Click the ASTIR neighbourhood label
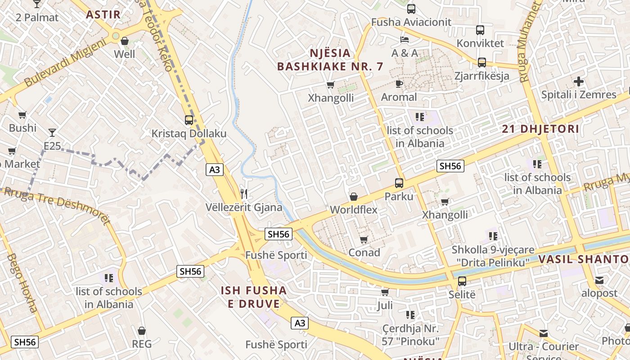103,14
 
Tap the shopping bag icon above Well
125,41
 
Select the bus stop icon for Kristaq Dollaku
189,120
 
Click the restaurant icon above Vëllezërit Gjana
244,194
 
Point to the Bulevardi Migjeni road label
65,63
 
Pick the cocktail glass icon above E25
52,132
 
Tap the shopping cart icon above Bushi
22,115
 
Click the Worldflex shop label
354,210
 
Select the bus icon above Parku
399,183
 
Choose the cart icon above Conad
364,239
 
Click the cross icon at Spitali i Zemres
579,81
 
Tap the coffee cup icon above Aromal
399,84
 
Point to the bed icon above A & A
405,40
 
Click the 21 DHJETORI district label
540,129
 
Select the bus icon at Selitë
462,282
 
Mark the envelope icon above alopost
599,280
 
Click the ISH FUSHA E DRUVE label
254,297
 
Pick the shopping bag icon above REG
142,331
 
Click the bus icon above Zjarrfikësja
482,63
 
